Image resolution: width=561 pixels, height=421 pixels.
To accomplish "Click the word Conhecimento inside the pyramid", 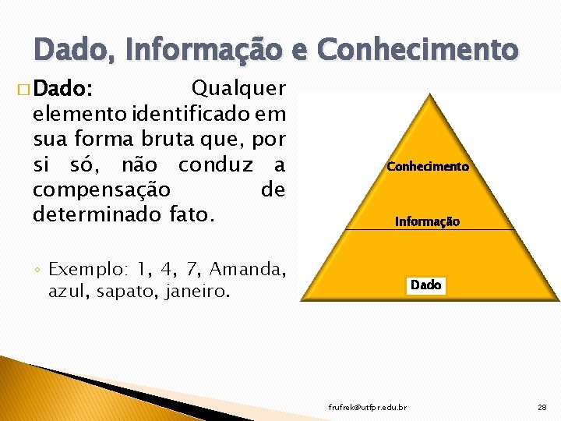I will [x=428, y=167].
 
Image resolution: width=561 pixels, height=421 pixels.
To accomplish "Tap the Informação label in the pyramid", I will [x=427, y=221].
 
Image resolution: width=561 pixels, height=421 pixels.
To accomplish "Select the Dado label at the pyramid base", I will [x=425, y=285].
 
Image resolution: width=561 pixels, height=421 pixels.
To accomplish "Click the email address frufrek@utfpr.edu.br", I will [x=367, y=408].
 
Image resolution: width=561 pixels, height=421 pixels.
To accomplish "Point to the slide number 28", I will [x=542, y=408].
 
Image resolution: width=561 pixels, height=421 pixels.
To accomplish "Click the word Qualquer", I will [x=238, y=87].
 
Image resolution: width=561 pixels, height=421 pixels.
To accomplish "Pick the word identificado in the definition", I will [x=199, y=115].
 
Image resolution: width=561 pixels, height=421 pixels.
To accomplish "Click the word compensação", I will [x=101, y=189].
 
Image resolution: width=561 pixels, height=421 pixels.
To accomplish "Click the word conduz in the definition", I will [x=221, y=165].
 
